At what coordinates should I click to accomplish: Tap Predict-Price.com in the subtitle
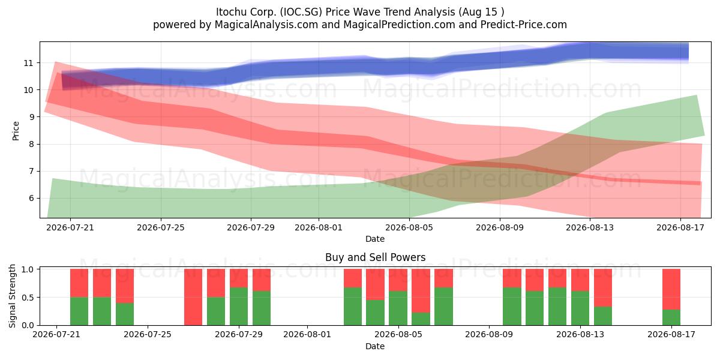(x=524, y=25)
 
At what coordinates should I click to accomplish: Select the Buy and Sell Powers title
(x=375, y=257)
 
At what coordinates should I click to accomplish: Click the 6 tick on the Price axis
(x=31, y=199)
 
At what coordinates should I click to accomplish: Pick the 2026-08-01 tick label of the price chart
(x=319, y=227)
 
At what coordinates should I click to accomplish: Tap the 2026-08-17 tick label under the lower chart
(x=671, y=334)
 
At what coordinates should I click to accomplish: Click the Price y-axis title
(x=16, y=131)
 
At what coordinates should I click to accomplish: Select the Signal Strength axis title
(x=12, y=296)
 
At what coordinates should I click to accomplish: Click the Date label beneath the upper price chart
(x=375, y=239)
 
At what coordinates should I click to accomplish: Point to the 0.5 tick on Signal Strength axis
(x=28, y=298)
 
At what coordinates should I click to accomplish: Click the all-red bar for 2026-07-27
(x=193, y=297)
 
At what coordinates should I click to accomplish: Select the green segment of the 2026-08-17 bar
(x=671, y=317)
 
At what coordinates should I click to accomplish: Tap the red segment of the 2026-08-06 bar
(x=421, y=290)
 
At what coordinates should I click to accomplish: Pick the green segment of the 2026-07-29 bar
(x=239, y=306)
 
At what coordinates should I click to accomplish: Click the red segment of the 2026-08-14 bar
(x=603, y=287)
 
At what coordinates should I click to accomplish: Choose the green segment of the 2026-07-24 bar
(x=125, y=314)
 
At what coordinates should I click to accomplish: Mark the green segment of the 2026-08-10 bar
(x=512, y=306)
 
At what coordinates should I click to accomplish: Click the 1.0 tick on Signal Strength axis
(x=28, y=269)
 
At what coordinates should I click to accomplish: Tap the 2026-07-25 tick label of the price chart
(x=161, y=227)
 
